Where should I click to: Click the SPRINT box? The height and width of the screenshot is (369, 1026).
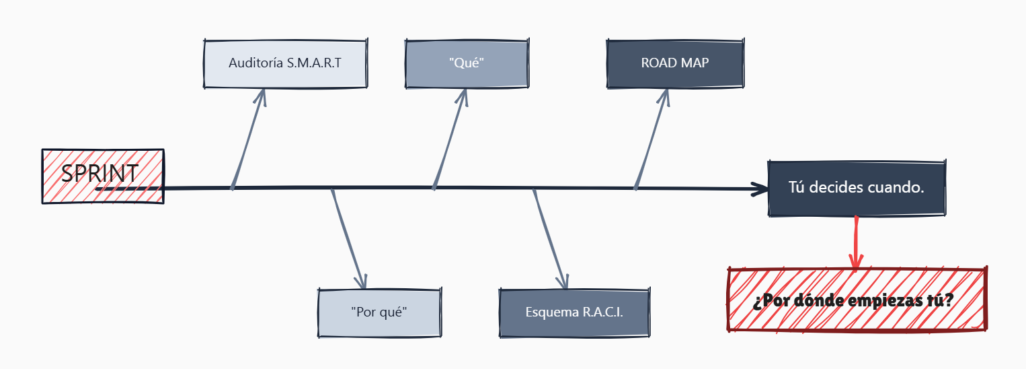(102, 175)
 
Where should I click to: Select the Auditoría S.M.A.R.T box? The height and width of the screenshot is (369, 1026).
(285, 63)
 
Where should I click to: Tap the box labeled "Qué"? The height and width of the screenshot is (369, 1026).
(467, 63)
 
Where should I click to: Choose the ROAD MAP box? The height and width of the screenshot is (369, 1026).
(674, 63)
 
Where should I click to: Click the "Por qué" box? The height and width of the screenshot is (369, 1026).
(379, 312)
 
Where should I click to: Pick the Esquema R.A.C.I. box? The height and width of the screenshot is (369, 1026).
(574, 312)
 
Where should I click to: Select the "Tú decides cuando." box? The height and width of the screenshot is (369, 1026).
(856, 188)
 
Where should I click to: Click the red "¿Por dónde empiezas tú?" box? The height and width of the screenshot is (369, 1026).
(857, 300)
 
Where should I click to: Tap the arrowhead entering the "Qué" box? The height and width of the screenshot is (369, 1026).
(462, 96)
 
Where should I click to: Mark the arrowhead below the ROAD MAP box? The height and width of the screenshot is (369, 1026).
(664, 96)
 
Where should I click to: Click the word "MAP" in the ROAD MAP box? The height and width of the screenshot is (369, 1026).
(694, 63)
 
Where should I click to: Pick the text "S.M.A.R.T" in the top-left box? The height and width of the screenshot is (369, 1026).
(314, 63)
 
